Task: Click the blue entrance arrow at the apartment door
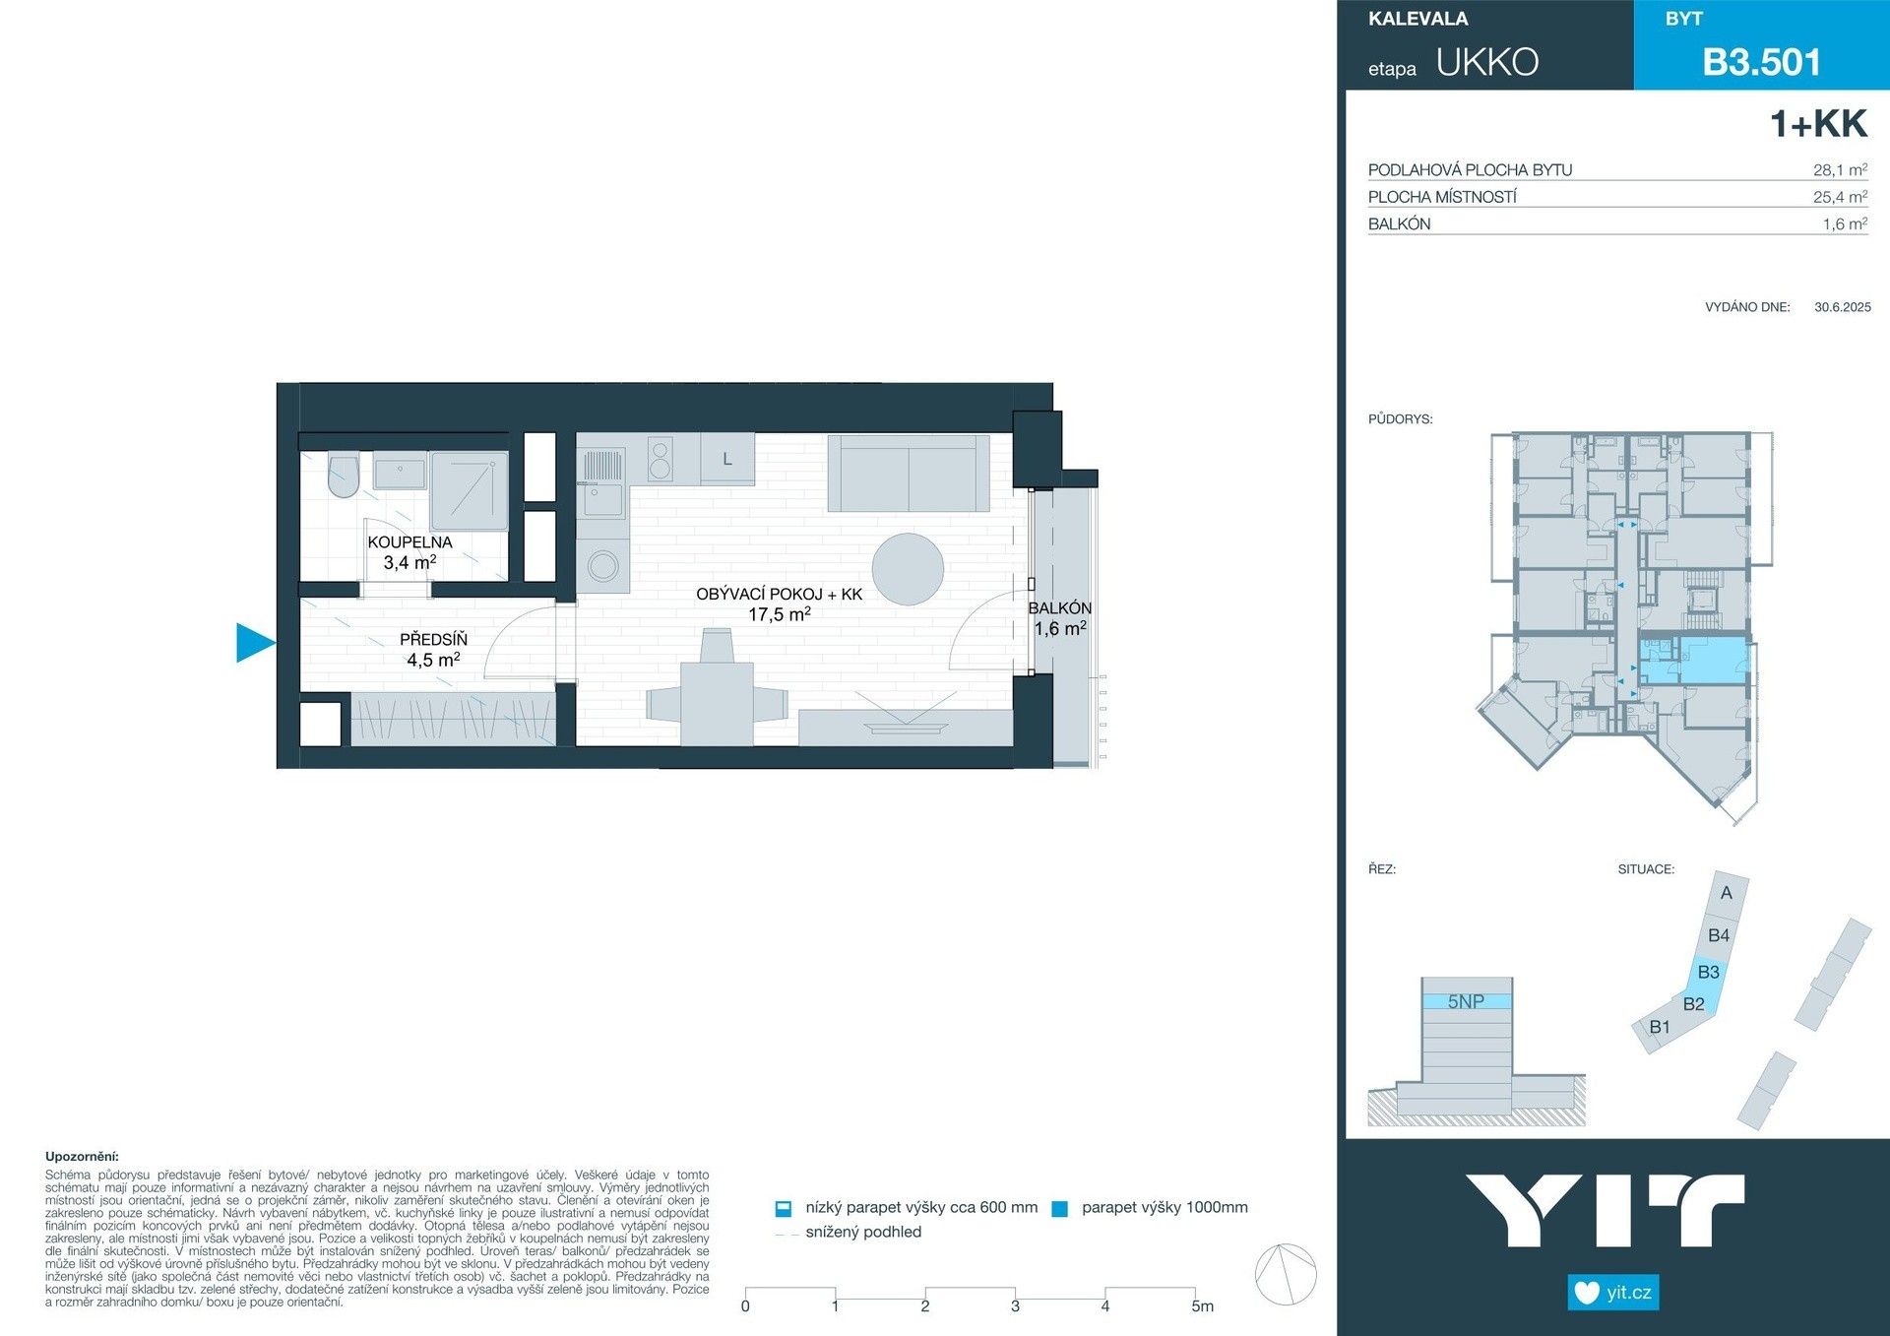tap(254, 643)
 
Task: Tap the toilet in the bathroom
tap(343, 476)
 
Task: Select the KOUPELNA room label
tap(409, 542)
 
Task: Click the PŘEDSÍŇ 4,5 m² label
tap(433, 650)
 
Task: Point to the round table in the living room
tap(908, 568)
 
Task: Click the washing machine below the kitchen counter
tap(602, 565)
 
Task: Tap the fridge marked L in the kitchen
tap(726, 459)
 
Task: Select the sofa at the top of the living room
tap(908, 473)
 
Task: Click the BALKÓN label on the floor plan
tap(1059, 608)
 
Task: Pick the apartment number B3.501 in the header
tap(1761, 62)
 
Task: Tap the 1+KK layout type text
tap(1817, 124)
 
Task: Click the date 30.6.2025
tap(1842, 307)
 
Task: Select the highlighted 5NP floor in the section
tap(1466, 1001)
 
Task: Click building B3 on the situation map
tap(1708, 972)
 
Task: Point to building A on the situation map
tap(1726, 893)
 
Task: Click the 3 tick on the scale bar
tap(1015, 1305)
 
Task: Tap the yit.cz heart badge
tap(1612, 1292)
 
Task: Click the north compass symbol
tap(1286, 1274)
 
